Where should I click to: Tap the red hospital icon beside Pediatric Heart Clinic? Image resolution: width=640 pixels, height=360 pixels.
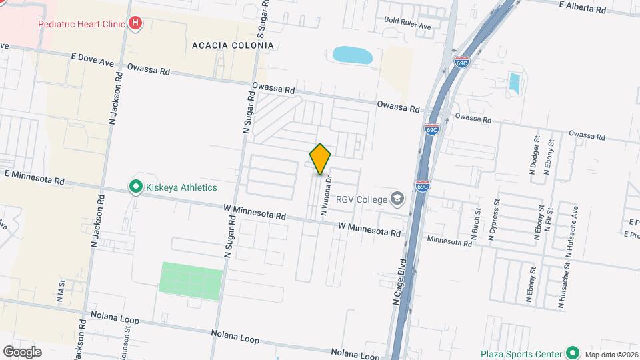[135, 24]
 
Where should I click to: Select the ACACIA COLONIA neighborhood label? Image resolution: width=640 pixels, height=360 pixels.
[232, 45]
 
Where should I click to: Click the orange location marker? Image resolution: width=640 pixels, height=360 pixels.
[320, 159]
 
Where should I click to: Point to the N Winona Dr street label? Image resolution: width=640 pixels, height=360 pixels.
[326, 195]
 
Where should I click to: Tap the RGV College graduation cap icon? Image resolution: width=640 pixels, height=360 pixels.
[397, 198]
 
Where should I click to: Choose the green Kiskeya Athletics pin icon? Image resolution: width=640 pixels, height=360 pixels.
[136, 187]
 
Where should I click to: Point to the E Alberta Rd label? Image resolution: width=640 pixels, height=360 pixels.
[583, 7]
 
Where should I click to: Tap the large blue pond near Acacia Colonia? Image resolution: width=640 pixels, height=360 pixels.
[353, 55]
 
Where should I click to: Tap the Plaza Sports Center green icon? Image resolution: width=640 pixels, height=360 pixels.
[572, 353]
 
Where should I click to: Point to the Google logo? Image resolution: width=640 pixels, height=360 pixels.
[22, 351]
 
